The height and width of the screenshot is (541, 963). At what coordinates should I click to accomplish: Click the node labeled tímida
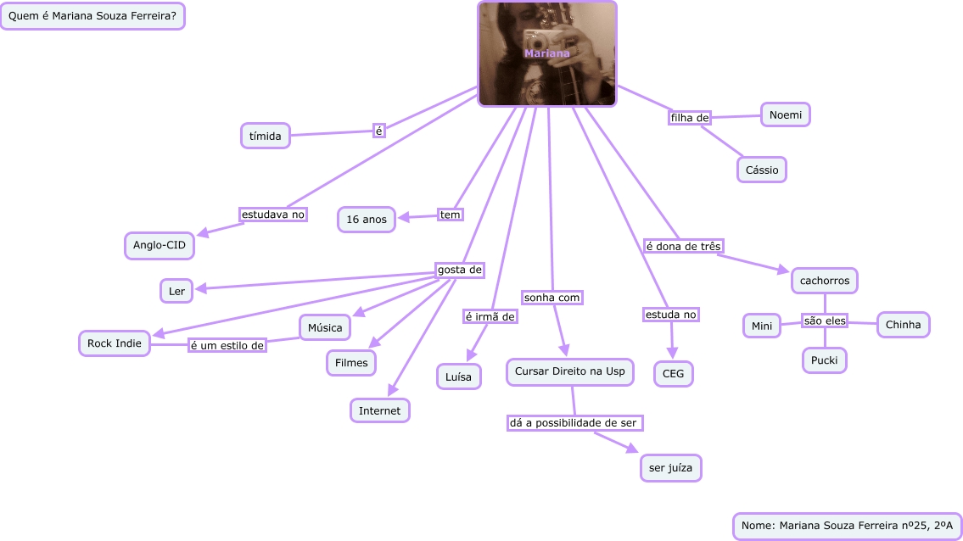[266, 136]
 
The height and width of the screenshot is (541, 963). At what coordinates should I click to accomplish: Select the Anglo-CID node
[160, 245]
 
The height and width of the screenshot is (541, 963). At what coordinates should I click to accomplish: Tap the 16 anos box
[367, 220]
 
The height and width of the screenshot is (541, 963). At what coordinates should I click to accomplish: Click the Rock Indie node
[115, 343]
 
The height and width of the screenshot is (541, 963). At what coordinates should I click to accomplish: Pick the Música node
[325, 327]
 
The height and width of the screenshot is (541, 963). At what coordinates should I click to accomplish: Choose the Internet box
[380, 410]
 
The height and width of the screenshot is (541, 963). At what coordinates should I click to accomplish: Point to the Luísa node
[459, 376]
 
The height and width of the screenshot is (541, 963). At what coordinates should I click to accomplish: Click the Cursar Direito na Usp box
[569, 371]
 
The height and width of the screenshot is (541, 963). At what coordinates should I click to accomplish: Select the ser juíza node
[670, 468]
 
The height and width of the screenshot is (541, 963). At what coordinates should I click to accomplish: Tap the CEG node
[673, 373]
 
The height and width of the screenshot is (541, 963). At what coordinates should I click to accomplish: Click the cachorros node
[825, 280]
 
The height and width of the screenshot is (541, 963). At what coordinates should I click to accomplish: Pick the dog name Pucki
[825, 360]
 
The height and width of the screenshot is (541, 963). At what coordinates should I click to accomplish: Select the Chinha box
[903, 325]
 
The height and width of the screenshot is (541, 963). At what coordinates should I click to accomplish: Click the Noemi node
[786, 114]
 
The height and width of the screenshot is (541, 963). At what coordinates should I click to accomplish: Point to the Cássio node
[762, 170]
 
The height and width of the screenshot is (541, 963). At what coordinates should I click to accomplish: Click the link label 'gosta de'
[460, 270]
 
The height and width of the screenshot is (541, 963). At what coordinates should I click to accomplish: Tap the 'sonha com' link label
[551, 298]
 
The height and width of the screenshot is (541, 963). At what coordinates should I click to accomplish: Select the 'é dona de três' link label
[683, 246]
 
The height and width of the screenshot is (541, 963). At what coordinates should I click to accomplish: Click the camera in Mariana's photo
[537, 39]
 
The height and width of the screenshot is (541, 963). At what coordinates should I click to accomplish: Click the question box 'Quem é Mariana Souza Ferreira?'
[92, 15]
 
